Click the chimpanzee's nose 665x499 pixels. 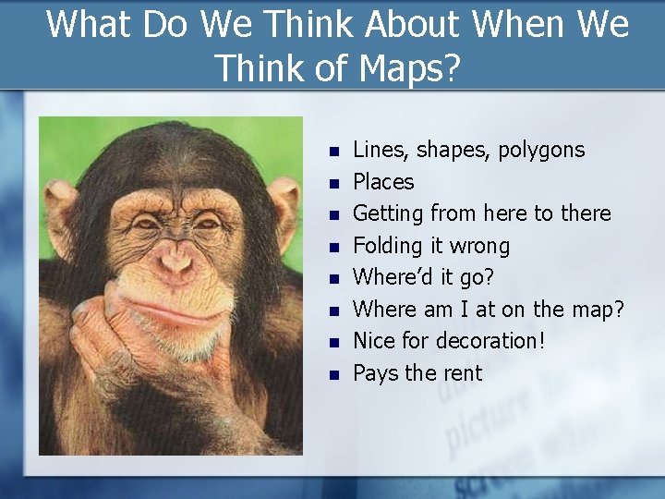click(173, 262)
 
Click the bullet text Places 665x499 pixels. click(383, 182)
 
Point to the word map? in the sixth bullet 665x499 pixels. click(598, 310)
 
